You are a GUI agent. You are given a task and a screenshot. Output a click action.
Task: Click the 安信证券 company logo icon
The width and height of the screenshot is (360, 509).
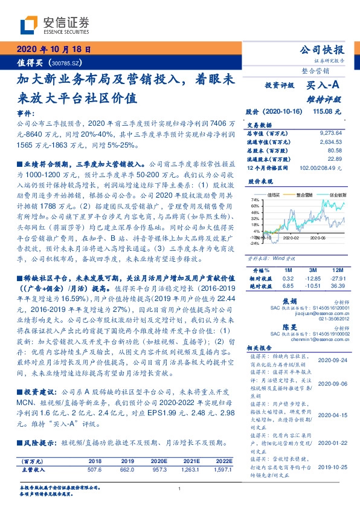[x=28, y=26]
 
